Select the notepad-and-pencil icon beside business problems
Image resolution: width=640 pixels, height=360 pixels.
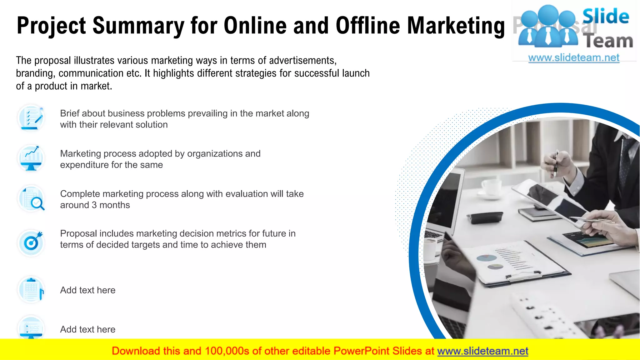31,118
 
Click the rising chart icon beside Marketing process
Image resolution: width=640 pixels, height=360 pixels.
31,158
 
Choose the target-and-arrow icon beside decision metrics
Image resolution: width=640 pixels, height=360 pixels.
31,242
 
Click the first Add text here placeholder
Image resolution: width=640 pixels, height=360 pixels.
88,290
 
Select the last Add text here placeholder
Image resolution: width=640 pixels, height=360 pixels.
88,329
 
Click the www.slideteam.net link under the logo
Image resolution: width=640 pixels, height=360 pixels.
574,58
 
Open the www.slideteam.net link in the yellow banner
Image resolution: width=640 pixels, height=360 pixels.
482,351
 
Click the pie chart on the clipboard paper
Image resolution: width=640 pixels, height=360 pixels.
487,258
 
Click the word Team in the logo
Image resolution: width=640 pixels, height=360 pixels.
609,42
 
